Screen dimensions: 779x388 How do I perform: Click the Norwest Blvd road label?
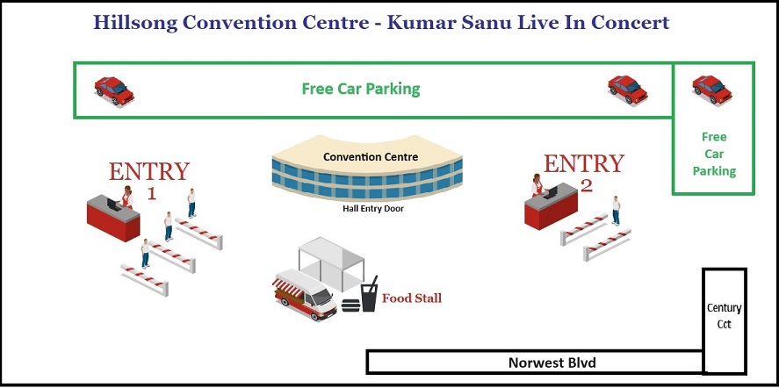552,363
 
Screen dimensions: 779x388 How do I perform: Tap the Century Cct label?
724,316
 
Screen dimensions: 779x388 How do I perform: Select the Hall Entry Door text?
373,209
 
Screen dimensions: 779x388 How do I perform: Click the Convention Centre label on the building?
370,157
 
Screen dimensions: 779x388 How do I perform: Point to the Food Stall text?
411,298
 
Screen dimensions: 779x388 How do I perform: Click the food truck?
305,295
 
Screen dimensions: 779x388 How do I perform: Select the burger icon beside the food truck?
350,304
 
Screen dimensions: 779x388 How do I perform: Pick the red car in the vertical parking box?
712,90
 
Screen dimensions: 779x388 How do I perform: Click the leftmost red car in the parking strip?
114,91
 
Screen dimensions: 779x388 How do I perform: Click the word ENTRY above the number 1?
149,172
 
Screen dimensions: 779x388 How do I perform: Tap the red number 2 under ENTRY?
587,186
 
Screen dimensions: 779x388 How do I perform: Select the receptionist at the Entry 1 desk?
127,197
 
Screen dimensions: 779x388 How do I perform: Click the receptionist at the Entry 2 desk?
537,184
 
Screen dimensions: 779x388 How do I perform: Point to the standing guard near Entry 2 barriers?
616,211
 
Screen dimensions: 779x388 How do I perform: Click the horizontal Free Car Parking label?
361,89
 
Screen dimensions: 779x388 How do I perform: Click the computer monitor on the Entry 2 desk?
550,193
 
